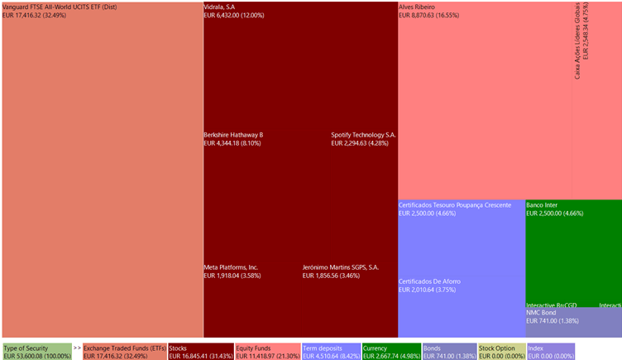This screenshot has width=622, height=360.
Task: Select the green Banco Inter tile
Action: pyautogui.click(x=573, y=248)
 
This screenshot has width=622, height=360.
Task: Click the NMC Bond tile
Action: pyautogui.click(x=573, y=323)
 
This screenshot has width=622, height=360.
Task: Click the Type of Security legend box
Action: pyautogui.click(x=36, y=353)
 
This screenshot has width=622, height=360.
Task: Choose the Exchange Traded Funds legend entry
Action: pyautogui.click(x=123, y=353)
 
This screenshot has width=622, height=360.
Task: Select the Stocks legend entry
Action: pyautogui.click(x=200, y=353)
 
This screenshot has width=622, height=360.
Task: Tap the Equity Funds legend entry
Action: pyautogui.click(x=266, y=353)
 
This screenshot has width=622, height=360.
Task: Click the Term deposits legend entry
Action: pyautogui.click(x=331, y=353)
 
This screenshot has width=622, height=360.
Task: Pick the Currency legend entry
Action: pyautogui.click(x=391, y=353)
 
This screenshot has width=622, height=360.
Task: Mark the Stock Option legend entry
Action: pyautogui.click(x=501, y=353)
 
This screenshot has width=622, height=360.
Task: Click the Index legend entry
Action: pyautogui.click(x=550, y=353)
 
